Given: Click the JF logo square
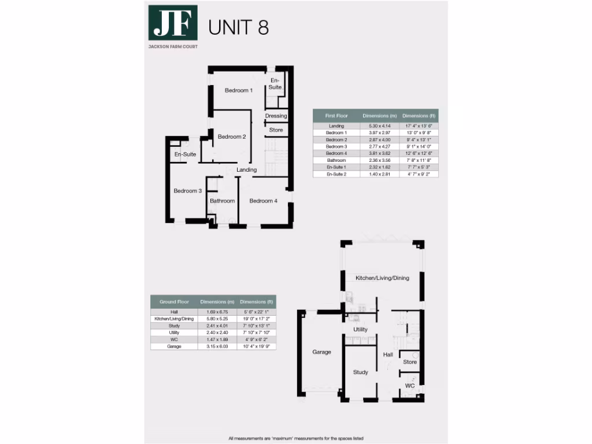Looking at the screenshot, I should pos(173,23).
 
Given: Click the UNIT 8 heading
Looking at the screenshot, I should pos(238,27).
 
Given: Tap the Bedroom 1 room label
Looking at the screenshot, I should pos(239,90).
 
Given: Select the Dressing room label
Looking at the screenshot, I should pos(276,116).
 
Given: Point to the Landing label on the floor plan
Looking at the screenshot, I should pos(247,170).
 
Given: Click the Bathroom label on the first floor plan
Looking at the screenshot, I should pos(222,201).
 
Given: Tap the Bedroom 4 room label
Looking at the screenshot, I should pos(264,201).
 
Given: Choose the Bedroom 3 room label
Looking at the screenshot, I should pos(187,191).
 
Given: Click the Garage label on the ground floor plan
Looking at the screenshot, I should pos(321,351).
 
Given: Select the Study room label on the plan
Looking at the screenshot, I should pos(361,372).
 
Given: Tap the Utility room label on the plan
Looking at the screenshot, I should pos(361,330).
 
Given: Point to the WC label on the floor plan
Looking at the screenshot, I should pos(410,386).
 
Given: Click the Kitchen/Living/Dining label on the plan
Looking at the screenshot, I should pos(382,278).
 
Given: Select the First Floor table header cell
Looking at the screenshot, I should pos(336,116).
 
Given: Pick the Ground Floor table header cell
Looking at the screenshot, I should pos(174,302).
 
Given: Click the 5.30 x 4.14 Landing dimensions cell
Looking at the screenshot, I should pos(376,126).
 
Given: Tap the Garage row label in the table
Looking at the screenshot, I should pos(174,346).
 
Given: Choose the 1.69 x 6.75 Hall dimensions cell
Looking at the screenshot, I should pos(214,312).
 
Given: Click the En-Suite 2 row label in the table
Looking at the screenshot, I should pos(336,174).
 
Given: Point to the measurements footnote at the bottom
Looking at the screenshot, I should pos(295,438).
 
